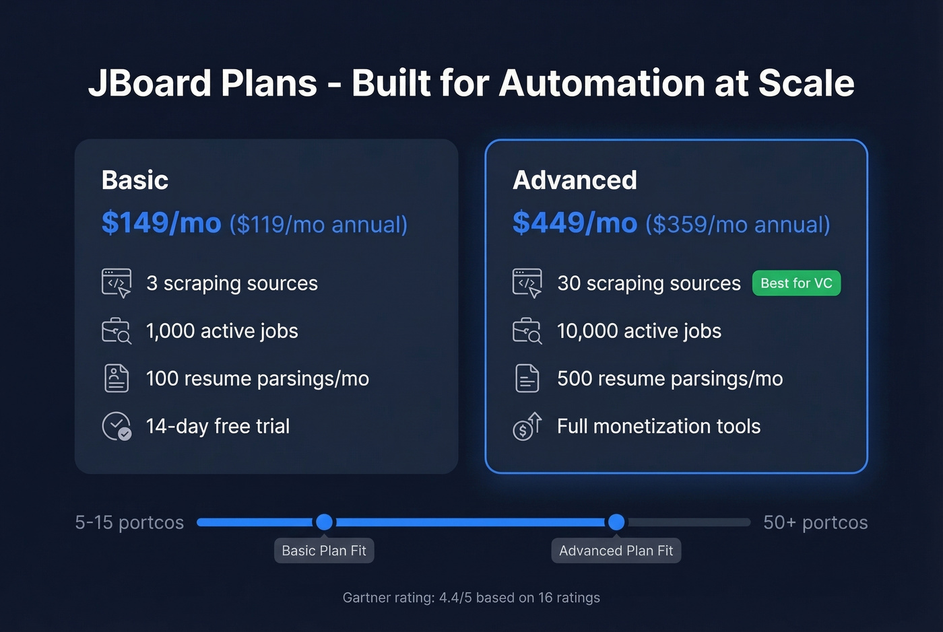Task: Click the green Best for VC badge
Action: click(796, 283)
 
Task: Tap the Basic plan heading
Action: click(135, 180)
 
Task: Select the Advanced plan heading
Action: click(575, 180)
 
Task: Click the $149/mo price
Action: click(161, 223)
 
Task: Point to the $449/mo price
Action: click(575, 223)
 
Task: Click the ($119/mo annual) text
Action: click(319, 225)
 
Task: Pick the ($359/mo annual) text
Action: click(738, 225)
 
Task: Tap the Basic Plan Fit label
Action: click(324, 551)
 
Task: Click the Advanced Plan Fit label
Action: click(616, 551)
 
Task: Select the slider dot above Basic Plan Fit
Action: click(324, 522)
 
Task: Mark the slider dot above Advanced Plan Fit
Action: click(616, 522)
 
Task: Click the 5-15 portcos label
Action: click(129, 522)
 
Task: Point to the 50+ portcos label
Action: click(815, 522)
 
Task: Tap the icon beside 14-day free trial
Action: click(117, 426)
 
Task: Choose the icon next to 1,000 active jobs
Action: click(117, 330)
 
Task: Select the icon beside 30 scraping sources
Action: click(527, 283)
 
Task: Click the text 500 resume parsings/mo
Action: click(670, 379)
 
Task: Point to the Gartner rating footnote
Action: click(471, 598)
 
